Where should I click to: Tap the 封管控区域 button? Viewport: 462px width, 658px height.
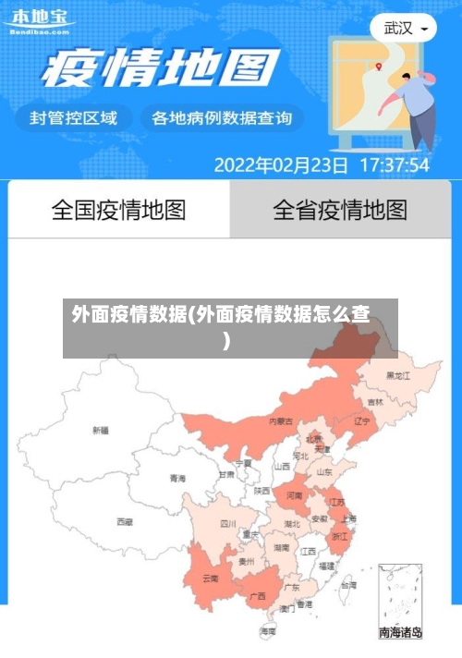point(74,118)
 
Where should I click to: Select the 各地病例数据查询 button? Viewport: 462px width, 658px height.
point(221,118)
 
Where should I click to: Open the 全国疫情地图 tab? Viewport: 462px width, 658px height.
point(118,210)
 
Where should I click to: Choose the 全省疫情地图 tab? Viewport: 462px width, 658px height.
point(340,210)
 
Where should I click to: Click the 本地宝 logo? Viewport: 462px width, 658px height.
point(38,19)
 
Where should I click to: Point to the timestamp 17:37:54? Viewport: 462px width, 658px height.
point(394,165)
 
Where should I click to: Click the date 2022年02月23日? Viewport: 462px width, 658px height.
point(281,165)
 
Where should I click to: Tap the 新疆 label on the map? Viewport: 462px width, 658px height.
point(100,430)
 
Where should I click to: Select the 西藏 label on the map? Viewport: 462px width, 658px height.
point(124,521)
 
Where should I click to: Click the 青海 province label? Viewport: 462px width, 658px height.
point(177,478)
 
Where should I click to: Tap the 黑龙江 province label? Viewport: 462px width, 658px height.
point(398,375)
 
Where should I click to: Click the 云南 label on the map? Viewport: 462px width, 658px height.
point(211,579)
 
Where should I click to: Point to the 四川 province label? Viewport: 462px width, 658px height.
point(227,523)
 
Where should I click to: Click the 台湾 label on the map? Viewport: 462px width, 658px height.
point(348,585)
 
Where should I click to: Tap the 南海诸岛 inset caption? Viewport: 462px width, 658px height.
point(400,633)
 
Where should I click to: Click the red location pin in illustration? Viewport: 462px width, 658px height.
point(378,66)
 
